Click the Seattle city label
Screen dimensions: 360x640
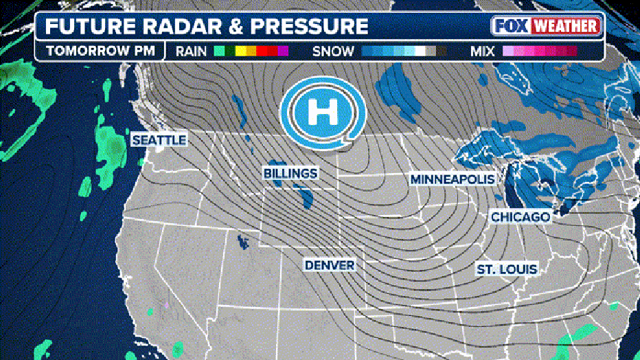159,140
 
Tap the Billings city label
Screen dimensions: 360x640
290,173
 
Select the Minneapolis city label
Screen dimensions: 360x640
453,179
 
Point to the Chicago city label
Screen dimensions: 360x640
520,217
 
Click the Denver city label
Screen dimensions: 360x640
330,265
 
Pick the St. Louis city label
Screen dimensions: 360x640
507,269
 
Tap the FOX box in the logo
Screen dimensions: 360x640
512,27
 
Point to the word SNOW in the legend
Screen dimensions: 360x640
333,51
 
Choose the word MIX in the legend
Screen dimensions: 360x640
483,51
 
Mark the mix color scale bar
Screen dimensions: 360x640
540,51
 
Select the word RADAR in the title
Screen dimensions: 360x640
176,27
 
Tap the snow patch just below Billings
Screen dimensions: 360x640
306,198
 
